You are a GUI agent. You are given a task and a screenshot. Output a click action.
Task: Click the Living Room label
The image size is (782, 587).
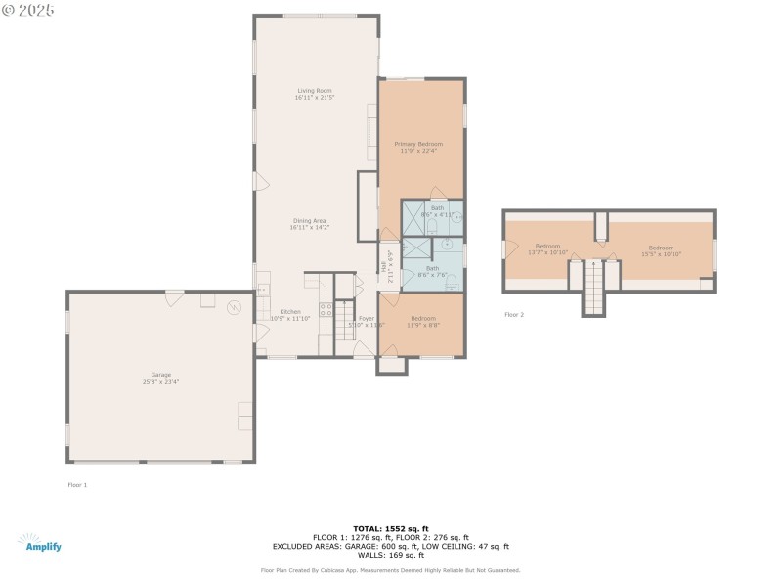[x=315, y=91]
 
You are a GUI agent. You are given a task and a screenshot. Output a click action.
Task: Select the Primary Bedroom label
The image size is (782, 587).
[x=418, y=144]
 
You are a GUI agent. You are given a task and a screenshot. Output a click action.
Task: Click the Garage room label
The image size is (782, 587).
[x=160, y=375]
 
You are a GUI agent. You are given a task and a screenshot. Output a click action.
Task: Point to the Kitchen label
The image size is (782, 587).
[x=290, y=312]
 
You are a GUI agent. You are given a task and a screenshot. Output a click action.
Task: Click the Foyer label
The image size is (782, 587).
[x=367, y=318]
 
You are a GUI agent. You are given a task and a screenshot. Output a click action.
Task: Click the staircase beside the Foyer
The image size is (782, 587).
[x=343, y=321]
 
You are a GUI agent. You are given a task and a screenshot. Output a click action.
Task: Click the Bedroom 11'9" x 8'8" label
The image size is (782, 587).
[x=423, y=320]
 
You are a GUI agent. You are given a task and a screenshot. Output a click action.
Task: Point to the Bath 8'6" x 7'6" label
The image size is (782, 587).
[x=432, y=268]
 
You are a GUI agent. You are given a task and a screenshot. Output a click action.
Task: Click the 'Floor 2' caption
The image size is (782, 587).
[x=514, y=315]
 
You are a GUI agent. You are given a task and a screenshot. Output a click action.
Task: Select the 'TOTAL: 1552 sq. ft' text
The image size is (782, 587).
[x=391, y=528]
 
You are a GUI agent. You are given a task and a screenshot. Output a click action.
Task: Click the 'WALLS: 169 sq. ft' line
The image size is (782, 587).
[x=391, y=555]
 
